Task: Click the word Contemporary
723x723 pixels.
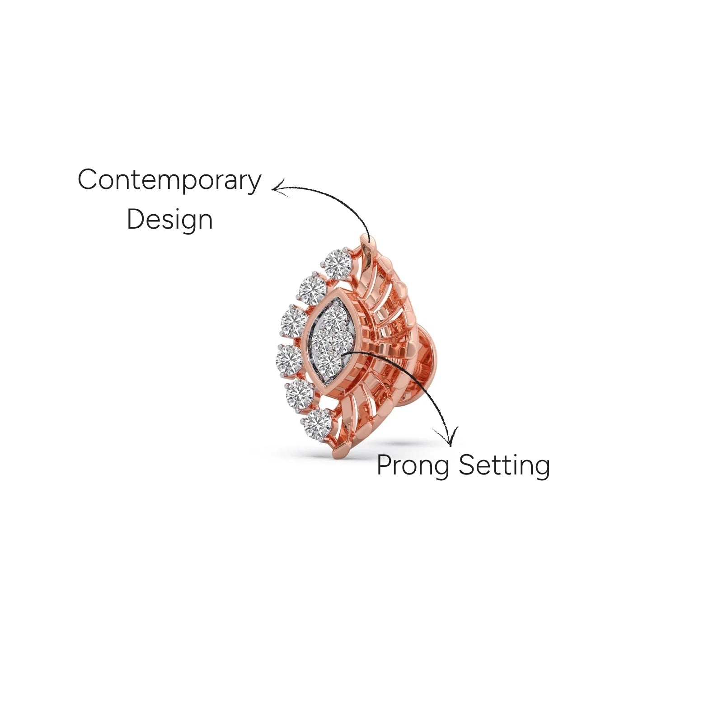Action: (169, 181)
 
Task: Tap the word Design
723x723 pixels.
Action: (169, 220)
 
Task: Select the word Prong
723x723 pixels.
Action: (413, 465)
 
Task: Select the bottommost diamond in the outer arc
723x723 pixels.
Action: (317, 424)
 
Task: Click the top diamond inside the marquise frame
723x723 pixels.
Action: (334, 318)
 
